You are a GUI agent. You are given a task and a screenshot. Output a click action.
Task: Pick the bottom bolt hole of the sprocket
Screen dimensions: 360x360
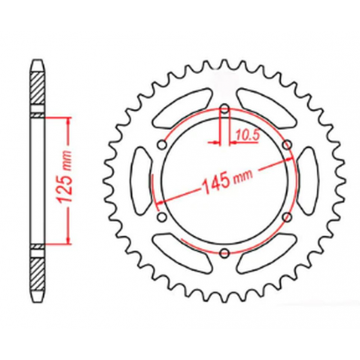point(225,252)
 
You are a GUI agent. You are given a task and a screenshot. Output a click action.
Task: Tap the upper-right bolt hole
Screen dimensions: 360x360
point(287,144)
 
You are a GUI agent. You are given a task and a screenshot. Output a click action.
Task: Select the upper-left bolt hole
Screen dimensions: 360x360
point(162,144)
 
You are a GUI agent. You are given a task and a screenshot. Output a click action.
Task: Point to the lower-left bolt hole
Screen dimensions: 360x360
point(162,217)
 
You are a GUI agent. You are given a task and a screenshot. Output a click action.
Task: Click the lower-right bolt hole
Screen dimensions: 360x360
point(287,217)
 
